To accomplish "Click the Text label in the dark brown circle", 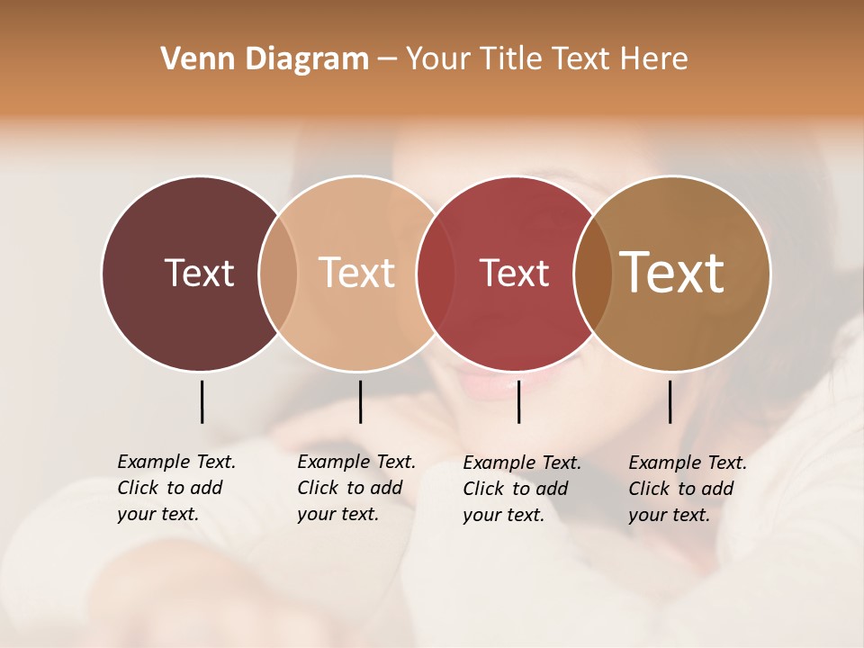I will click(x=199, y=273).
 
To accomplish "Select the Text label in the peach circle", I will click(x=357, y=273).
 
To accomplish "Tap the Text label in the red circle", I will click(x=514, y=273).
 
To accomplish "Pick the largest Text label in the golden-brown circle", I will click(x=672, y=273).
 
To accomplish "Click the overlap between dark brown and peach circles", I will click(x=278, y=273).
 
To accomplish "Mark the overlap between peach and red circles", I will click(x=436, y=273).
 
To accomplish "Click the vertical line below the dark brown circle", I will click(x=202, y=401).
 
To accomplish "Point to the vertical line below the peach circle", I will click(x=360, y=401).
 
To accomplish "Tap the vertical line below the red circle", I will click(x=518, y=401).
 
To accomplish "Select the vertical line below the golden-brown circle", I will click(x=670, y=401).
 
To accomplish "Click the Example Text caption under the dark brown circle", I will click(x=175, y=488).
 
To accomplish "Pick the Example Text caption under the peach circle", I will click(x=355, y=488).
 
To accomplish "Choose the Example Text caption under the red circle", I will click(x=521, y=489).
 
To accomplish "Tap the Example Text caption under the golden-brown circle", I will click(x=687, y=489).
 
